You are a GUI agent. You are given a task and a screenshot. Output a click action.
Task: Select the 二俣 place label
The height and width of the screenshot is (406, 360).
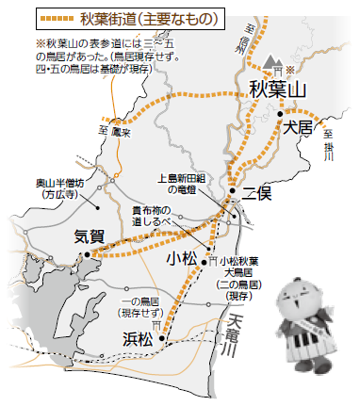tap(256, 194)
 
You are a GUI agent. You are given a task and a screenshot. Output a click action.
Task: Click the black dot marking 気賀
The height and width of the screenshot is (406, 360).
tap(87, 252)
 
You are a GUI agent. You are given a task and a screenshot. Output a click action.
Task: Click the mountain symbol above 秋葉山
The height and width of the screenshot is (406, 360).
tap(273, 62)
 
